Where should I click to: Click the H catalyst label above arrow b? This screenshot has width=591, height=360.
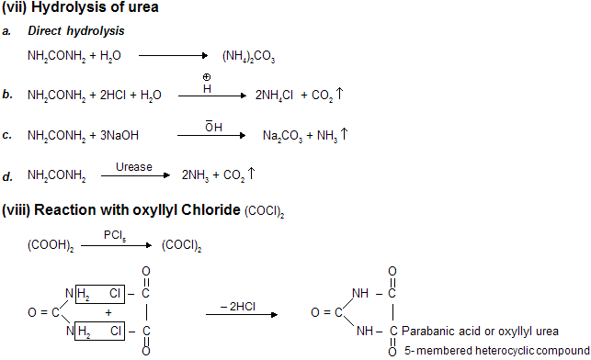[206, 88]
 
